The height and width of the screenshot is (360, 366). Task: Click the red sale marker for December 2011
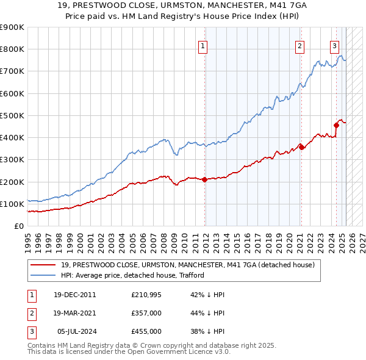[204, 179]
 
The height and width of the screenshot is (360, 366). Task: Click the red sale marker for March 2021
[301, 147]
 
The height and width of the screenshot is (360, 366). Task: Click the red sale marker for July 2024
[336, 126]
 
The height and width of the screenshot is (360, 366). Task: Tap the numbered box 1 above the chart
[203, 45]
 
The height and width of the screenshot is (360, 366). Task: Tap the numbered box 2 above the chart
[300, 45]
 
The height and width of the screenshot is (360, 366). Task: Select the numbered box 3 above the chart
[335, 45]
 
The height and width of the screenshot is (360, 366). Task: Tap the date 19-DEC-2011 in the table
[74, 295]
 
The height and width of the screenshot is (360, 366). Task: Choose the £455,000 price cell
[146, 331]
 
